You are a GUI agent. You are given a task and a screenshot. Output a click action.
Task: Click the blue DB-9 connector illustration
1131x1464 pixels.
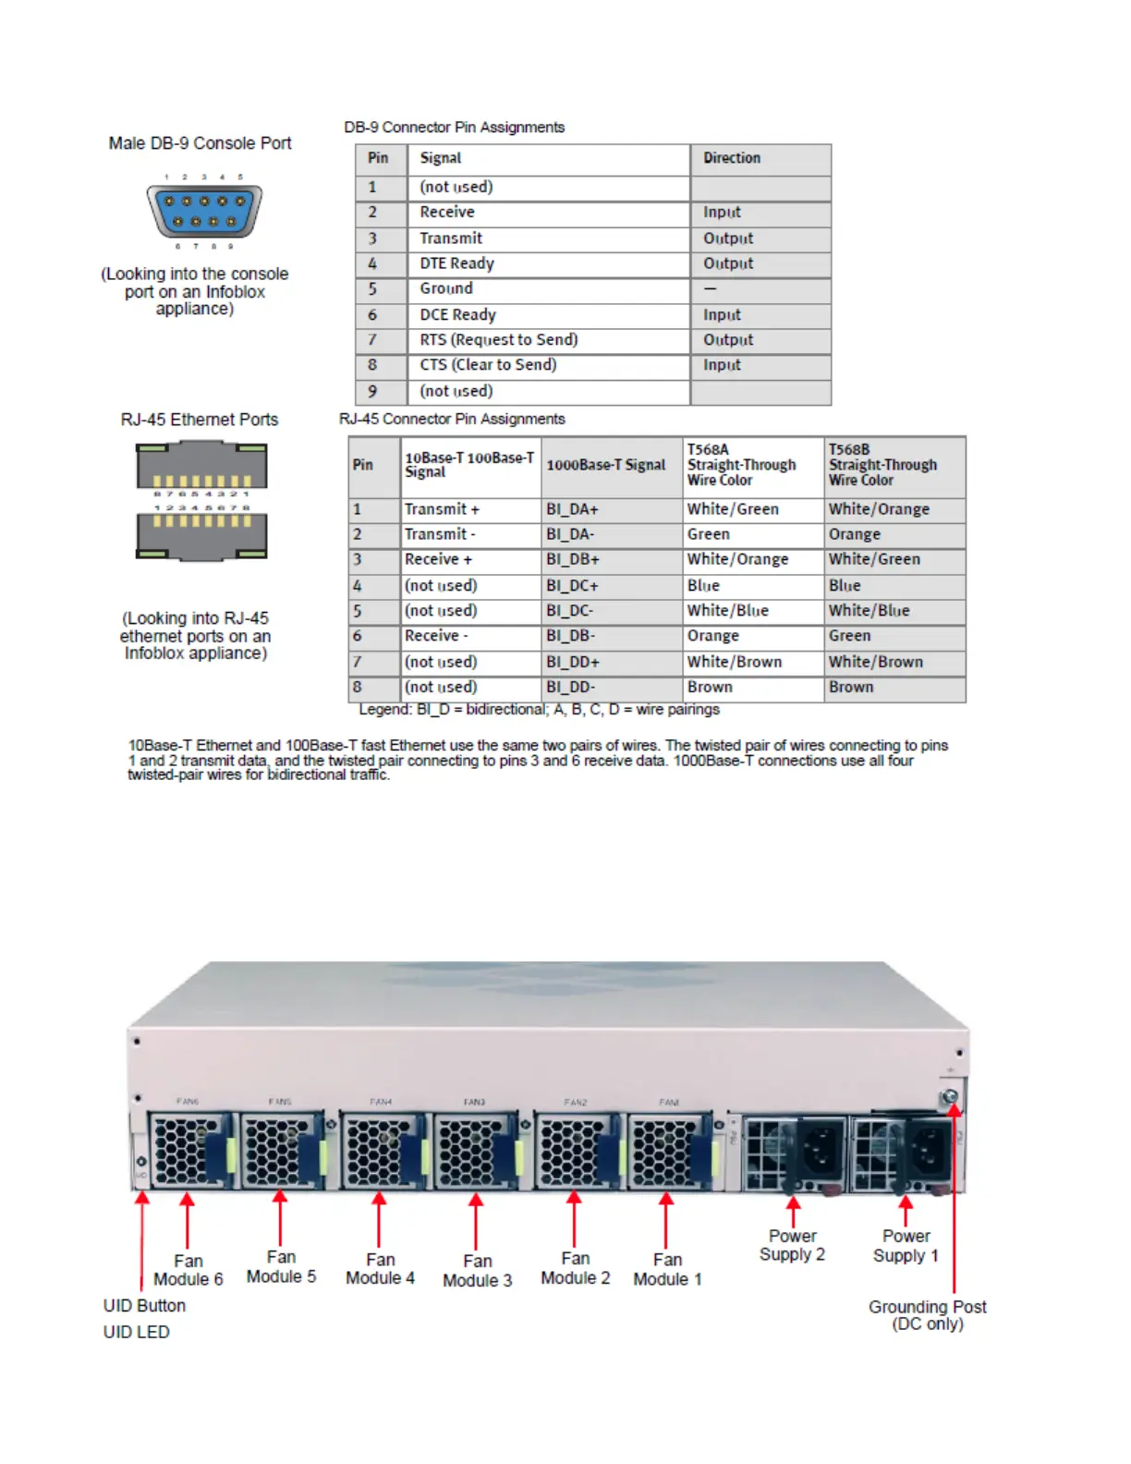pyautogui.click(x=204, y=211)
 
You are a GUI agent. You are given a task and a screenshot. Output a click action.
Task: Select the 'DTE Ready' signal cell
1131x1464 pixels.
pyautogui.click(x=457, y=263)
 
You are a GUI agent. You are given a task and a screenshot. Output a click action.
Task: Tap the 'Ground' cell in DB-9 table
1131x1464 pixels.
pyautogui.click(x=446, y=288)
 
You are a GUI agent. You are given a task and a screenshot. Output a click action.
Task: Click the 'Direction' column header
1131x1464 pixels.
pyautogui.click(x=732, y=158)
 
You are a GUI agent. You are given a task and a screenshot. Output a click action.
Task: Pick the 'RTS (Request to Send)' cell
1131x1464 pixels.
pyautogui.click(x=499, y=340)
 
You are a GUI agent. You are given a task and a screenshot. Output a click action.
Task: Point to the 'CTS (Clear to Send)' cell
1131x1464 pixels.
pyautogui.click(x=488, y=365)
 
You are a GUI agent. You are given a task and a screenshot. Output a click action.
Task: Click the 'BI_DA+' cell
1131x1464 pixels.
pyautogui.click(x=572, y=509)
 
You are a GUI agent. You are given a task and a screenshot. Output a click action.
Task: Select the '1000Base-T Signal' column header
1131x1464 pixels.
pyautogui.click(x=605, y=465)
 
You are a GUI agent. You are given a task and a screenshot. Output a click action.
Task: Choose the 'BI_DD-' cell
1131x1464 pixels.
pyautogui.click(x=570, y=688)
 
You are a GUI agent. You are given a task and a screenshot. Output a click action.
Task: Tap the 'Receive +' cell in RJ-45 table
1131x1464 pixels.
pyautogui.click(x=438, y=559)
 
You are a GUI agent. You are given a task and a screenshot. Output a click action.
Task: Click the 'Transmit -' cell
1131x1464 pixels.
pyautogui.click(x=440, y=534)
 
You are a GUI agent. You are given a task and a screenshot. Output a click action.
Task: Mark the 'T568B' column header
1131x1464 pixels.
pyautogui.click(x=882, y=465)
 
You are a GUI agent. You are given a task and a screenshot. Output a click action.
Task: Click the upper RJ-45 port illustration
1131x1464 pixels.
pyautogui.click(x=201, y=466)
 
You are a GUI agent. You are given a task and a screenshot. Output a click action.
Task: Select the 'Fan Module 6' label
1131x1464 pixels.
pyautogui.click(x=188, y=1270)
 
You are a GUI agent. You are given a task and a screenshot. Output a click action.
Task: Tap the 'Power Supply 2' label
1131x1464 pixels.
pyautogui.click(x=792, y=1245)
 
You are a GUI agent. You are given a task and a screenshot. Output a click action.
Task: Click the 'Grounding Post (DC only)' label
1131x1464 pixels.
pyautogui.click(x=927, y=1315)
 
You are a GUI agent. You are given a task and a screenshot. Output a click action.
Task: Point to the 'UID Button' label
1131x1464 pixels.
pyautogui.click(x=144, y=1306)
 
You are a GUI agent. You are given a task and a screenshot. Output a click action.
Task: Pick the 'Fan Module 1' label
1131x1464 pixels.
pyautogui.click(x=667, y=1270)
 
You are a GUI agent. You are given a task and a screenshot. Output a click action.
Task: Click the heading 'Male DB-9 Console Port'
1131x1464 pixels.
pyautogui.click(x=200, y=143)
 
